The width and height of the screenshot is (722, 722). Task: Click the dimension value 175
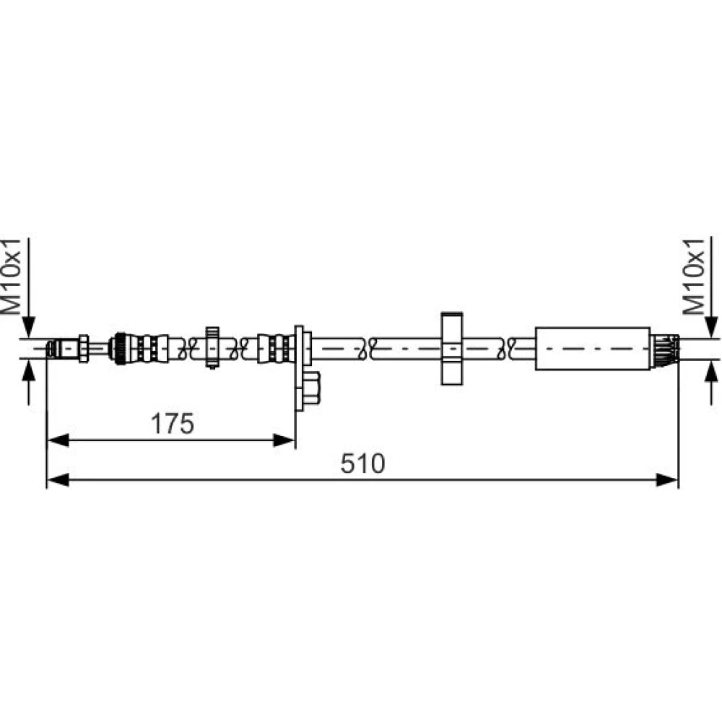(173, 424)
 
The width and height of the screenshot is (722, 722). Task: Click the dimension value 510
(362, 464)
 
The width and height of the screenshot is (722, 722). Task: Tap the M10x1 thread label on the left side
(12, 277)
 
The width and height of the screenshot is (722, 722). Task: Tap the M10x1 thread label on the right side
(693, 277)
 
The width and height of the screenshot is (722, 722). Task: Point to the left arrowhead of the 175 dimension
(58, 440)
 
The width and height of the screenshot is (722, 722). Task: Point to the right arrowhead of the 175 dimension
(284, 440)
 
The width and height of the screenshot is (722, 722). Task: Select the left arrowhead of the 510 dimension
(58, 480)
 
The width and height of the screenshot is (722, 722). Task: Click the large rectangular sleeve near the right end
(593, 349)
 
